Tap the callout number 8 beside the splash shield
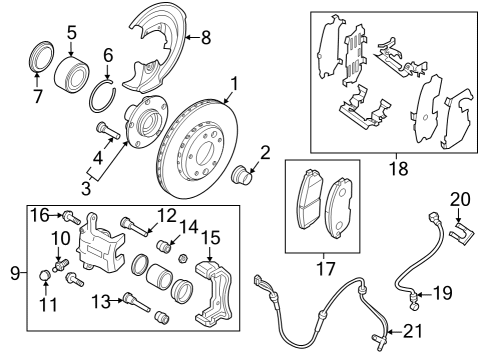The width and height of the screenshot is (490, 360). tap(205, 38)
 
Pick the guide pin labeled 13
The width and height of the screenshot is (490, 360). tap(127, 295)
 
